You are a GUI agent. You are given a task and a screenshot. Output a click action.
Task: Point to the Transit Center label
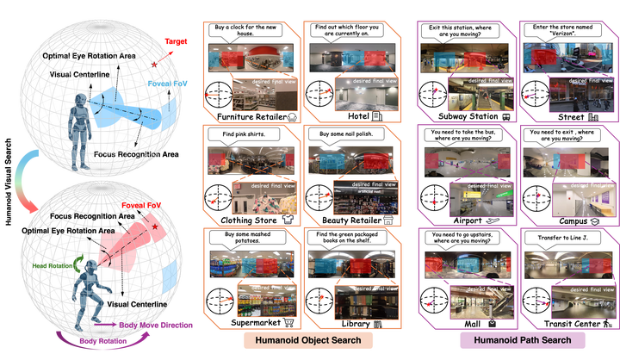coord(560,324)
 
